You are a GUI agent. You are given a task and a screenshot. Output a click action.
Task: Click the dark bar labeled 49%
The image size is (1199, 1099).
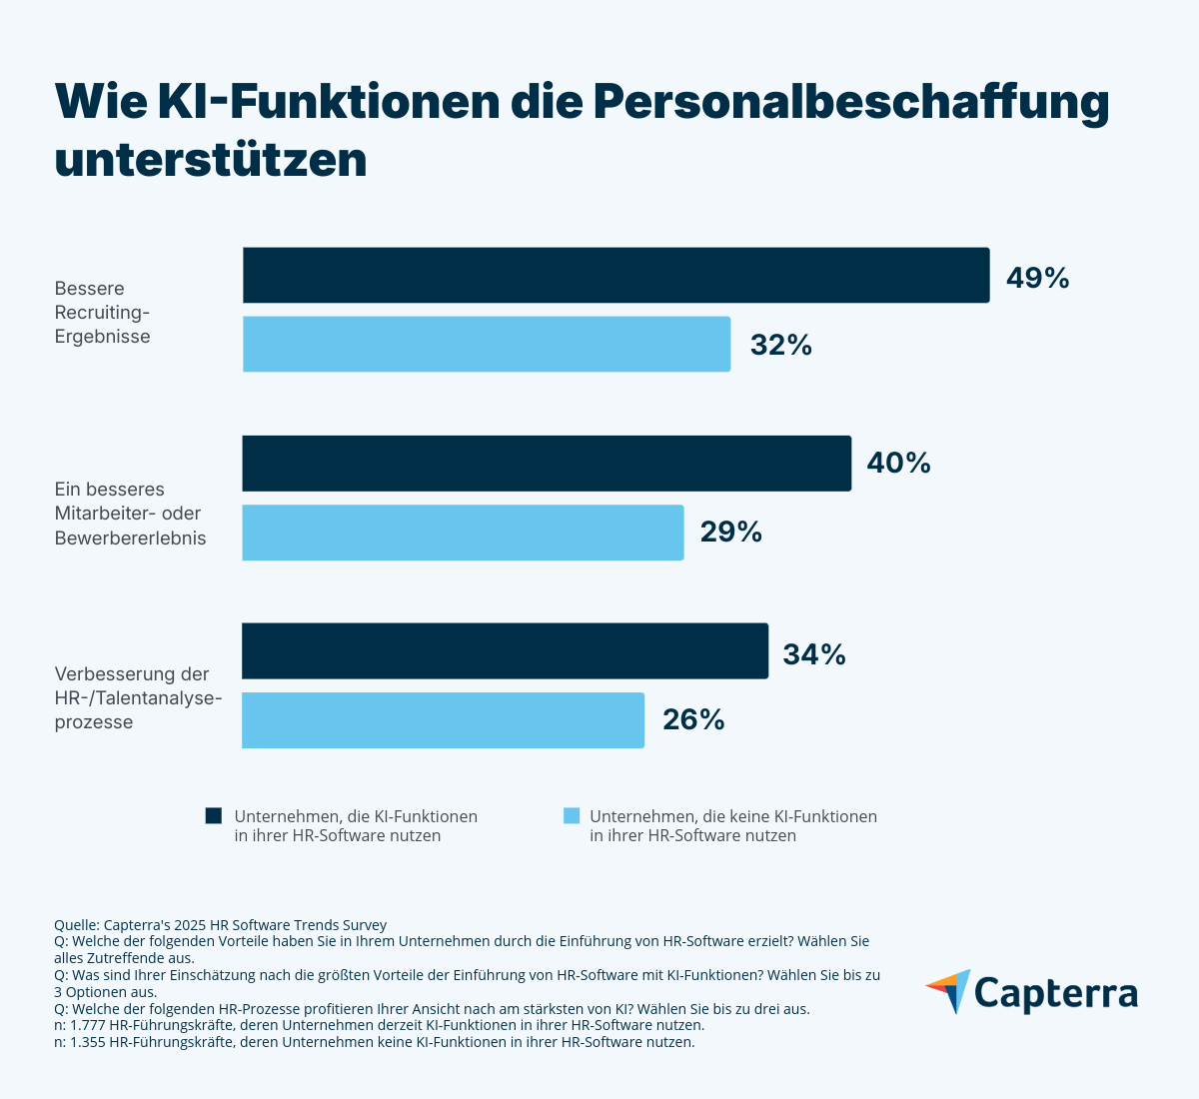615,275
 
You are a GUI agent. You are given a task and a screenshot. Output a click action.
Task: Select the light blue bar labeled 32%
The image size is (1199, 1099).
487,344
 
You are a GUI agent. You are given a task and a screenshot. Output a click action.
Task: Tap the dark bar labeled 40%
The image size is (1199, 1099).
547,463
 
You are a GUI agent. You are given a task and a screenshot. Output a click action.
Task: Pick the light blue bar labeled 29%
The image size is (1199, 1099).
463,532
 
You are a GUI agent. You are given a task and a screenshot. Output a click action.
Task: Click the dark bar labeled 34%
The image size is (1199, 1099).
505,650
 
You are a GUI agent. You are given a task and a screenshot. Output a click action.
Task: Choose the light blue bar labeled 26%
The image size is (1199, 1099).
443,719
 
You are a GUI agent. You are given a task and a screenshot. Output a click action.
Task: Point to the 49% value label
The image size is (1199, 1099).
1037,278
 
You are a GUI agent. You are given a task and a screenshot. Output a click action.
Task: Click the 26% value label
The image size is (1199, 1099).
693,719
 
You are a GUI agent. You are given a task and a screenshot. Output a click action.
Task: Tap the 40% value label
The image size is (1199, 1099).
898,463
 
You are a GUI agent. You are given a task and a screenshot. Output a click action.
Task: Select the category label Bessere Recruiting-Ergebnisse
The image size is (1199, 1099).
102,313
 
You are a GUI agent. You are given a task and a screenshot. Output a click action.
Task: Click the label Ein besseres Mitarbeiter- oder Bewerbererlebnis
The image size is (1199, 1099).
129,514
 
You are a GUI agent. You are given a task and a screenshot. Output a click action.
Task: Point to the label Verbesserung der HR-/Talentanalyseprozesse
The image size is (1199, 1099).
137,697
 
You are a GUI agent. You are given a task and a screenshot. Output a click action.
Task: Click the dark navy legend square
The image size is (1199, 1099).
213,816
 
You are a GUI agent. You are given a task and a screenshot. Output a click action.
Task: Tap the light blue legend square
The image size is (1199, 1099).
571,816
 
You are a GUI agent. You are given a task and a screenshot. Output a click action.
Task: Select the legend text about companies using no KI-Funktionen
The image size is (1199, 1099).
732,825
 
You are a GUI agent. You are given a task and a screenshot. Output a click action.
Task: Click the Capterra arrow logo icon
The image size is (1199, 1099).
948,990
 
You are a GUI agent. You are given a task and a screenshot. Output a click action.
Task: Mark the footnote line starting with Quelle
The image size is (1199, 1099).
220,925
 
